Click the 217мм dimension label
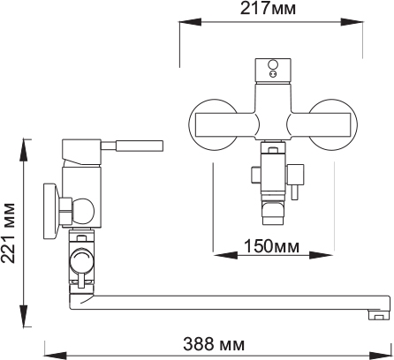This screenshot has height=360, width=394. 268,8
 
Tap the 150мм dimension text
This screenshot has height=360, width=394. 271,246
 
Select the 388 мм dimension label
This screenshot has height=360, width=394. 214,344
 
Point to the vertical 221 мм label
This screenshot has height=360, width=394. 8,233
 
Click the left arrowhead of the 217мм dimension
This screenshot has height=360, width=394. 191,22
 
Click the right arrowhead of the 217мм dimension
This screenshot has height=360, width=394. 352,22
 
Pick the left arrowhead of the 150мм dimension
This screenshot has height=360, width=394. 225,255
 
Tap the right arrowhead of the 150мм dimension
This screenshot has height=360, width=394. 322,255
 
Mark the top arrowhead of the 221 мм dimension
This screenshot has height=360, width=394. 24,150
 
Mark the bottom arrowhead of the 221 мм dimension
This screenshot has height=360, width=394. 24,316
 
